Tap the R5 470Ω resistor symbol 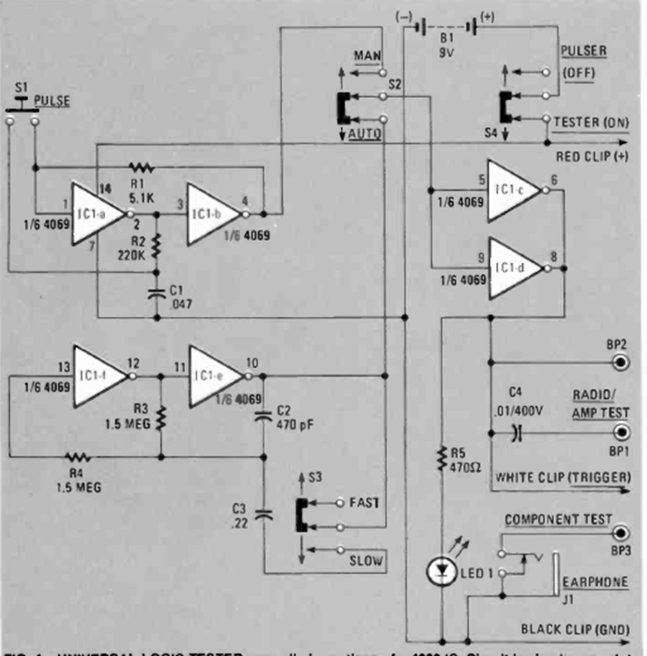[x=441, y=459]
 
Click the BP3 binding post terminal [x=621, y=535]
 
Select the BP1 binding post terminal [x=621, y=433]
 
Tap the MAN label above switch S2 [x=368, y=54]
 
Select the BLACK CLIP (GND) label [x=575, y=628]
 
